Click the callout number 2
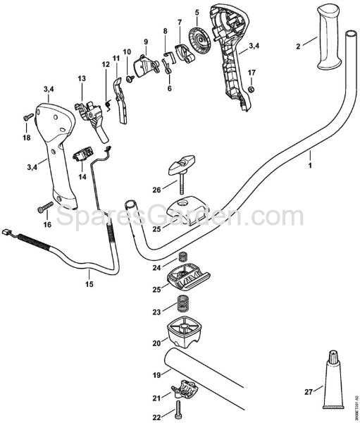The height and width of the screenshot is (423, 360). pyautogui.click(x=298, y=46)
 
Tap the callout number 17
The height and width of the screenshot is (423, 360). pyautogui.click(x=252, y=73)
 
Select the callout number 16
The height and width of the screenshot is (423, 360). pyautogui.click(x=48, y=224)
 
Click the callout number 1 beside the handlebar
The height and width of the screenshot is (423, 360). pyautogui.click(x=309, y=166)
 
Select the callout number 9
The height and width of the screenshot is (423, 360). pyautogui.click(x=144, y=42)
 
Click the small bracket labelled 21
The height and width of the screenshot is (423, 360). pyautogui.click(x=185, y=389)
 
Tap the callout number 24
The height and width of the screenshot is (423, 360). pyautogui.click(x=156, y=268)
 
